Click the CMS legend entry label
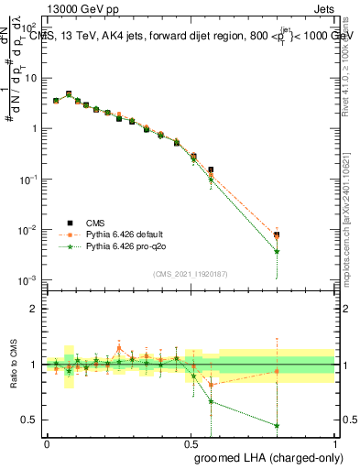click(x=95, y=222)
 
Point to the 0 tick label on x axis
click(x=47, y=442)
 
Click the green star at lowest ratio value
click(x=277, y=425)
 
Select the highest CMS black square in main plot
click(x=69, y=93)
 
